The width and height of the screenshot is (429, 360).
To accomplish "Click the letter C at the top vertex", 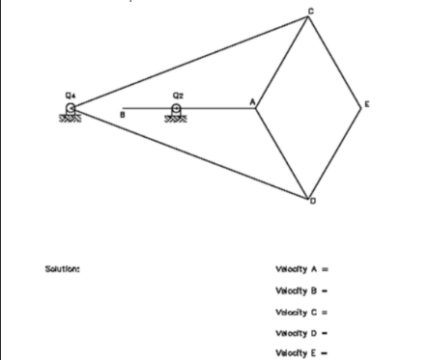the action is pyautogui.click(x=310, y=11).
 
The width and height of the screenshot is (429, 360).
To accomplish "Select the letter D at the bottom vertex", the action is pyautogui.click(x=313, y=201).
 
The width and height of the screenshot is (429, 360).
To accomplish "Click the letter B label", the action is pyautogui.click(x=122, y=115).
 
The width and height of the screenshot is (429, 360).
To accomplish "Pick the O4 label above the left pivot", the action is pyautogui.click(x=70, y=94).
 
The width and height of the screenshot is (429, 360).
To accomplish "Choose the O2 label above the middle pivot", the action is pyautogui.click(x=177, y=94).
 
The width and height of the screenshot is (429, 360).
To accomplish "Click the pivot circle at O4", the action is pyautogui.click(x=71, y=107).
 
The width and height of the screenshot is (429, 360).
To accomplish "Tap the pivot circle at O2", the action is pyautogui.click(x=177, y=107).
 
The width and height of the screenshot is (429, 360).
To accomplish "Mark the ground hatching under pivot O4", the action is pyautogui.click(x=70, y=117).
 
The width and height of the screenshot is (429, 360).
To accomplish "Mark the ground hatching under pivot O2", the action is pyautogui.click(x=177, y=117).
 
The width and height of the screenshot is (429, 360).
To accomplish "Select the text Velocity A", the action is pyautogui.click(x=299, y=269).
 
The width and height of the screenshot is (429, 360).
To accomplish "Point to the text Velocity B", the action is pyautogui.click(x=299, y=290).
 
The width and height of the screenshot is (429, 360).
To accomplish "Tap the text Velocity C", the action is pyautogui.click(x=299, y=311).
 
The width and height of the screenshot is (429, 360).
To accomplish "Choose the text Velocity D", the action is pyautogui.click(x=299, y=332).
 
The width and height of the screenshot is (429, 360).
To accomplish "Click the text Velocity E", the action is pyautogui.click(x=299, y=352).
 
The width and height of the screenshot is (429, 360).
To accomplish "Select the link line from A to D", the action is pyautogui.click(x=282, y=153).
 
